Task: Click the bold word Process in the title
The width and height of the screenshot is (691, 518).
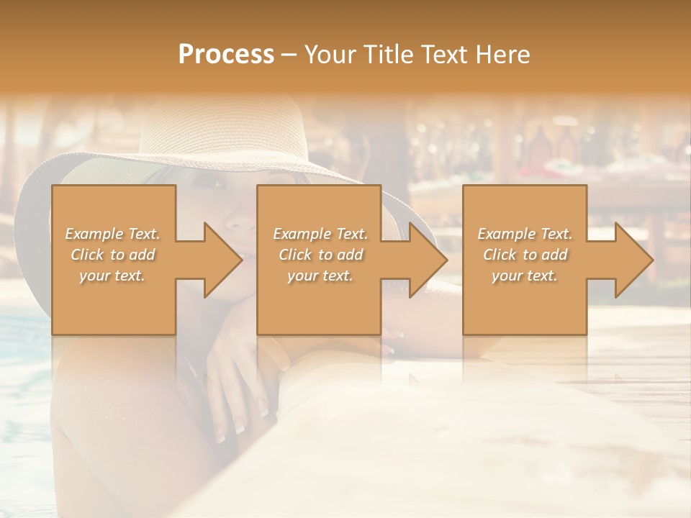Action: [x=226, y=55]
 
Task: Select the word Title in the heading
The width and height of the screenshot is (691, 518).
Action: [x=389, y=55]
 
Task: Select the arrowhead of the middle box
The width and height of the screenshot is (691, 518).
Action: [x=428, y=260]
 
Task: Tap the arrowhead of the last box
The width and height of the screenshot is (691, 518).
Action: [x=633, y=260]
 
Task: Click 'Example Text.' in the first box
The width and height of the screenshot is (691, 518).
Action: [x=112, y=234]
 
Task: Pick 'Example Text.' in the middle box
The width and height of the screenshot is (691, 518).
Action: [x=320, y=234]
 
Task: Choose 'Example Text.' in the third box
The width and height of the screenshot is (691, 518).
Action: [x=525, y=234]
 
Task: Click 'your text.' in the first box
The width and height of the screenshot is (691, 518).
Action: [x=112, y=276]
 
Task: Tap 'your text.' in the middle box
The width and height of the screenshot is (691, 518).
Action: [x=320, y=276]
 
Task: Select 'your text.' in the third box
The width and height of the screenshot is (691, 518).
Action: [x=525, y=276]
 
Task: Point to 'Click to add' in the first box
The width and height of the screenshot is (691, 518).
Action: [x=112, y=255]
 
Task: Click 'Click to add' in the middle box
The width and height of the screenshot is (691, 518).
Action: [x=320, y=255]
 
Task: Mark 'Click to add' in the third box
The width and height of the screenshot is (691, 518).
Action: [x=525, y=255]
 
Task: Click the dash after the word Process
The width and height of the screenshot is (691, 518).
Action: [x=289, y=55]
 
